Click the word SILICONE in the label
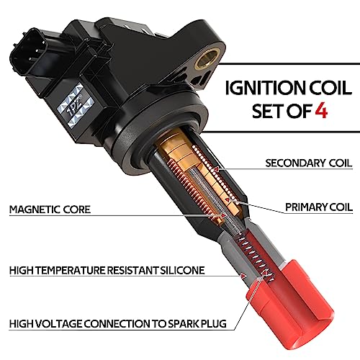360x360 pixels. (x=181, y=271)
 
